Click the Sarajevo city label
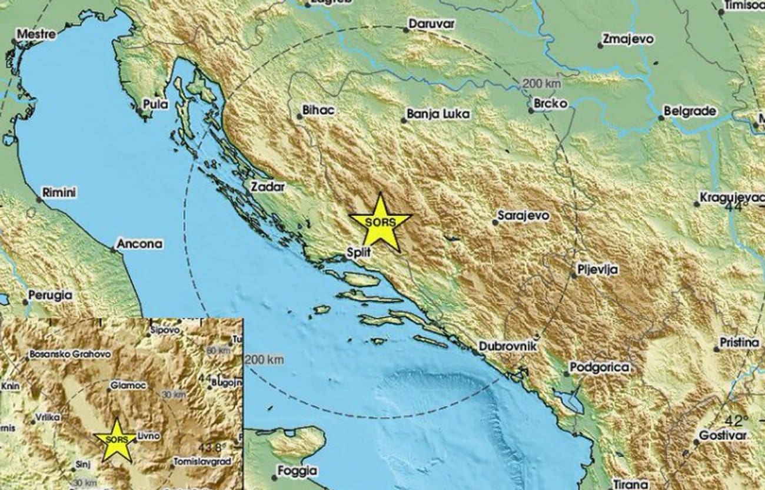[523, 216]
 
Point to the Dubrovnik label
[508, 347]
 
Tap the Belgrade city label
[689, 111]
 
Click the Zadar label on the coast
[267, 187]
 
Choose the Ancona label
[139, 243]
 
